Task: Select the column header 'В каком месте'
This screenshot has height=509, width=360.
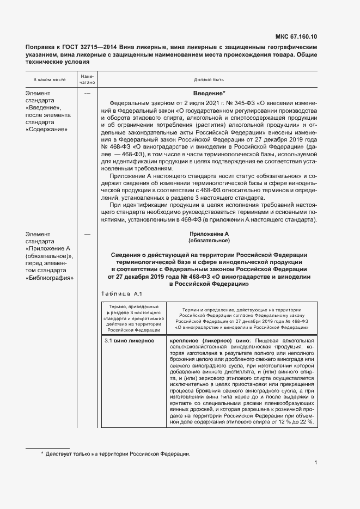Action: [x=50, y=79]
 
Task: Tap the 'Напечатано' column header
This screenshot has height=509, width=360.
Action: [x=88, y=79]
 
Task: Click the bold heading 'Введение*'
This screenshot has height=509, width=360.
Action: [x=209, y=94]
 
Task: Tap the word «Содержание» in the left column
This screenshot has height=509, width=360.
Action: [x=47, y=130]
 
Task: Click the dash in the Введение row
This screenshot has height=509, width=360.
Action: [x=88, y=94]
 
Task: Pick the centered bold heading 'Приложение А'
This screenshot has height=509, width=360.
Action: [x=209, y=234]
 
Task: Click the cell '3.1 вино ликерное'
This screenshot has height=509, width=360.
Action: [x=129, y=340]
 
